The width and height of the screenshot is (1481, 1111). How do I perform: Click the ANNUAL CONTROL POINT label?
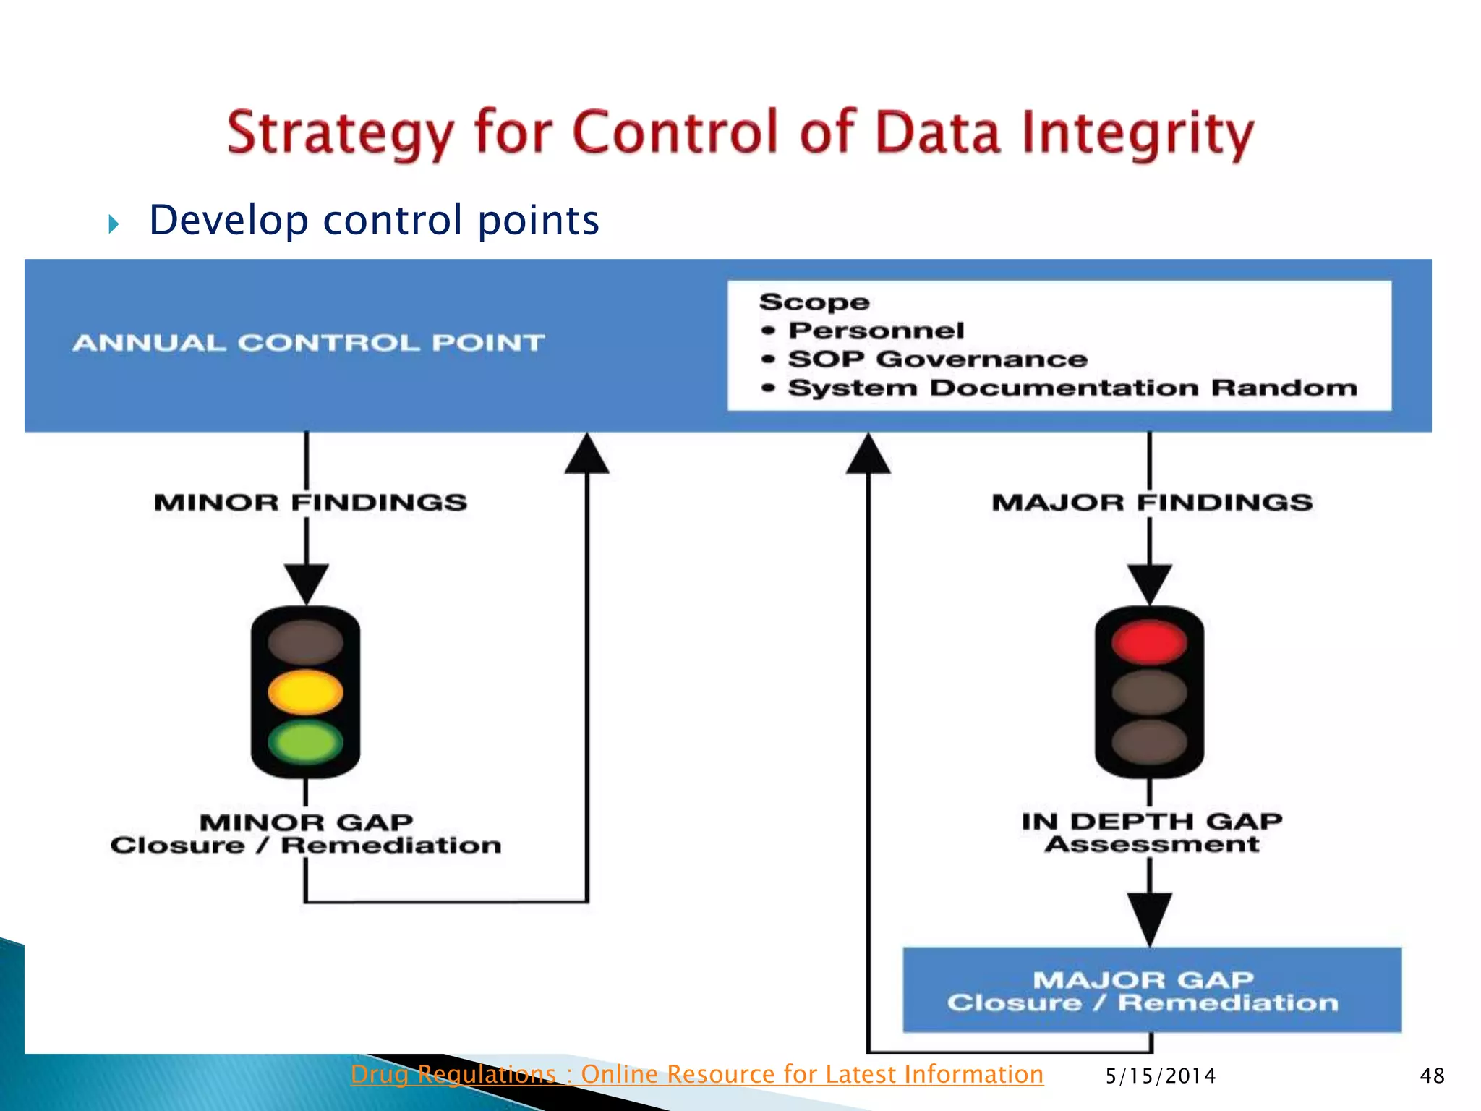click(308, 343)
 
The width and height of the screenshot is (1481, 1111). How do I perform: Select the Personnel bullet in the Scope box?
click(876, 331)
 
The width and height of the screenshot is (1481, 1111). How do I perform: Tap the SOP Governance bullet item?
click(937, 359)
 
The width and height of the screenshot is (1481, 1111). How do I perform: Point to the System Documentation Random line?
click(1072, 388)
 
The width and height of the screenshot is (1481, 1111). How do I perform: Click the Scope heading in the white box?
click(814, 302)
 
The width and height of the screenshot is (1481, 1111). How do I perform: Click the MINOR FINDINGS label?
click(310, 502)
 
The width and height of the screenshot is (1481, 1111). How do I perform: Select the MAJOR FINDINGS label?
click(1152, 502)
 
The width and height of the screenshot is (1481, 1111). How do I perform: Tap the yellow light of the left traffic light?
click(305, 691)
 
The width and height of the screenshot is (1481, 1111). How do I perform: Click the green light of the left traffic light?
click(305, 742)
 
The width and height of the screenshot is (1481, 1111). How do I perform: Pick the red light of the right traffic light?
click(1149, 642)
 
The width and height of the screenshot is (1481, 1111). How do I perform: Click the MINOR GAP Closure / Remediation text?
click(306, 834)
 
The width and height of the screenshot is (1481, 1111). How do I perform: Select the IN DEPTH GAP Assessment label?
click(1151, 833)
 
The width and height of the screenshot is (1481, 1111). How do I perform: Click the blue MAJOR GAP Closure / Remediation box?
click(1151, 990)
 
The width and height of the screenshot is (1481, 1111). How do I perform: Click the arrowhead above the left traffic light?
click(307, 583)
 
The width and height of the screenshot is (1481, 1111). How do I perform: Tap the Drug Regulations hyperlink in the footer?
click(696, 1074)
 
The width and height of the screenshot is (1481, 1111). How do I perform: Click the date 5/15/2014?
click(1160, 1076)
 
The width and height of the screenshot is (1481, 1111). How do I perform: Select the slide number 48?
click(1431, 1076)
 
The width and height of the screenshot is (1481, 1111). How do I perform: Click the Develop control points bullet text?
click(374, 220)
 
